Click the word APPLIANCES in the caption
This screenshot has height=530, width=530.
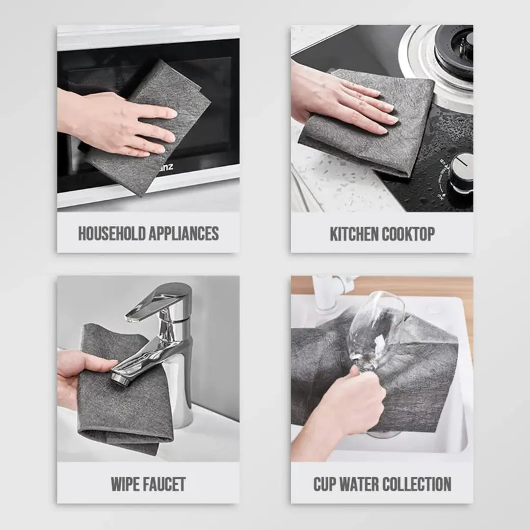185,234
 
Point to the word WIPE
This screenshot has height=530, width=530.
126,484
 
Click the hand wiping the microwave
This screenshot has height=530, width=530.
123,125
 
